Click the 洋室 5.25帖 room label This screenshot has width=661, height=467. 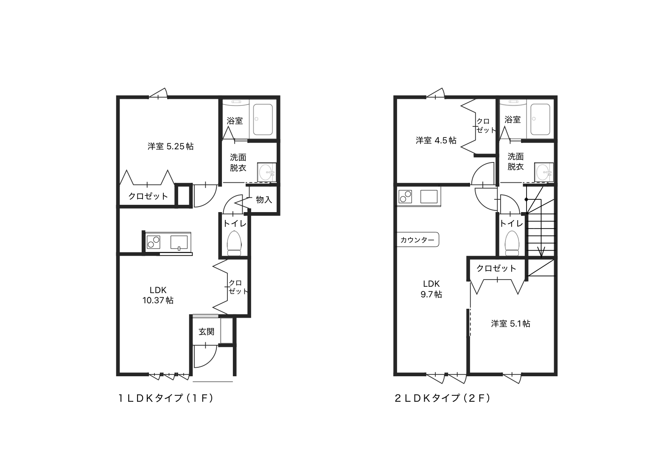[171, 146]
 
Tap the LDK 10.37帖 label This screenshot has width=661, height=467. [158, 295]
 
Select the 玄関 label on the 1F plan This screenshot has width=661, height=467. [206, 332]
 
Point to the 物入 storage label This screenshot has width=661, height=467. [263, 200]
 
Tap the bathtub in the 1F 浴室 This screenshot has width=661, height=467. [263, 120]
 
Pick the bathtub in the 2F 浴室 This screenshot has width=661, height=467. [541, 120]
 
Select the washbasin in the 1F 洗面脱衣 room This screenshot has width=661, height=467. [267, 172]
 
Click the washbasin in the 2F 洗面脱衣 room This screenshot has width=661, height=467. [544, 172]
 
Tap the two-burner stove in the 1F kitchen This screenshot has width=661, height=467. [154, 242]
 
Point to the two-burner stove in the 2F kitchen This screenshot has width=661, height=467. [405, 197]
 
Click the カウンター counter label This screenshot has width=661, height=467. [417, 240]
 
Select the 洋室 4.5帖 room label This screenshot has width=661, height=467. [436, 140]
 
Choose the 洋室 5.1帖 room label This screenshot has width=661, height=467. [510, 324]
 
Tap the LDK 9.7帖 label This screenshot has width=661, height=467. [431, 289]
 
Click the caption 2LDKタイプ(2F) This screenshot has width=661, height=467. [443, 398]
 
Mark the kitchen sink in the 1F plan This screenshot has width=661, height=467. [179, 243]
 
